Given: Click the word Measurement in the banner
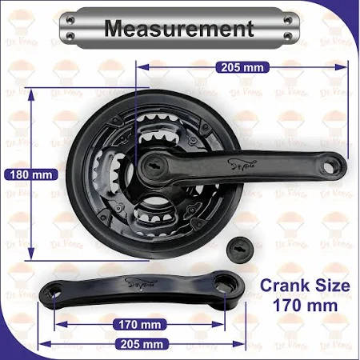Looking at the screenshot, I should point(179,30).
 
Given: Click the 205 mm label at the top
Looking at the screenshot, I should point(242,68).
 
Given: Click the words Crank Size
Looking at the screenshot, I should point(305,286).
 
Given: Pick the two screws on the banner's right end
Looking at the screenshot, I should point(286,30).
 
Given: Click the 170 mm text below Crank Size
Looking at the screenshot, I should point(305,305).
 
